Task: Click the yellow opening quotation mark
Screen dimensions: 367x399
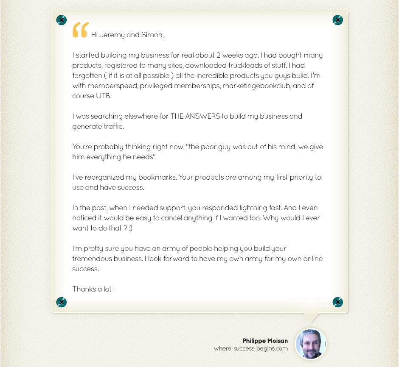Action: (x=80, y=30)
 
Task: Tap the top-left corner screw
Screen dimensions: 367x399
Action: (x=62, y=20)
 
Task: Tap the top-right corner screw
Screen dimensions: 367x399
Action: (x=337, y=20)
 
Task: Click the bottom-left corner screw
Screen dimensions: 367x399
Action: (x=62, y=302)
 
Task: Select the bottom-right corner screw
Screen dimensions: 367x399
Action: (x=337, y=302)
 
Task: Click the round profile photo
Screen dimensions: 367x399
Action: (x=311, y=344)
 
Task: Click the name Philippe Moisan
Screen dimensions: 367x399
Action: (x=265, y=341)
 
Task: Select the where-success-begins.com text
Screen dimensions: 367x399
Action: (x=251, y=349)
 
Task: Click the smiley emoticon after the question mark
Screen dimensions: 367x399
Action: (x=131, y=228)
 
